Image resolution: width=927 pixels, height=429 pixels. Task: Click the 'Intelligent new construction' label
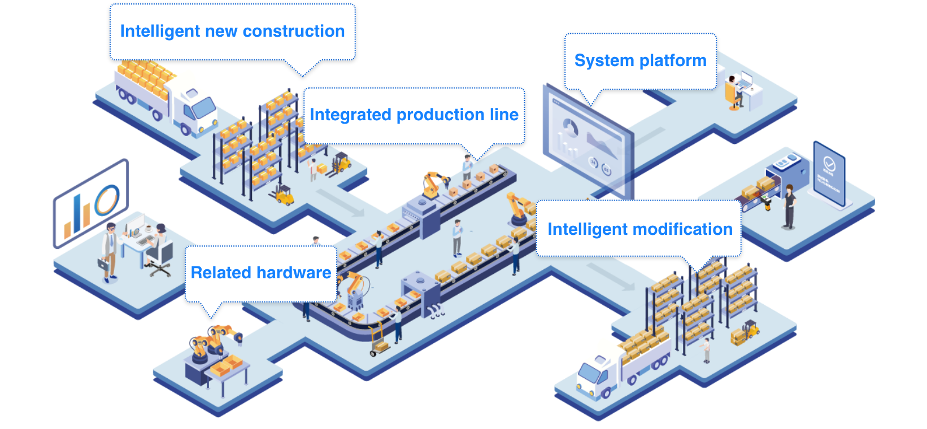pos(232,31)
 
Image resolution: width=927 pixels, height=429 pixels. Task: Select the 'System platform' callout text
pos(640,60)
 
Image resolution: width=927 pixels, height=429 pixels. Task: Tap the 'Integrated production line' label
pos(414,115)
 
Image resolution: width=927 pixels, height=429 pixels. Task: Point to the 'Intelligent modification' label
pos(639,229)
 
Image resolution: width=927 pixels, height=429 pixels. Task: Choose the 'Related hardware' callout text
pos(260,273)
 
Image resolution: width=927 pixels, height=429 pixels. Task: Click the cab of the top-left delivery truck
pos(195,107)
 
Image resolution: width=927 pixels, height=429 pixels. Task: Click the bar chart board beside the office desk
pos(90,203)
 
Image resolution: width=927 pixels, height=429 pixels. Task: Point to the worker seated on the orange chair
pos(733,90)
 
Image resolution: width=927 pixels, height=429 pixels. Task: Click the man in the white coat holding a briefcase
pos(109,251)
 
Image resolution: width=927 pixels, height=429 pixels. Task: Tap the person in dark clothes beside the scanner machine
pos(789,206)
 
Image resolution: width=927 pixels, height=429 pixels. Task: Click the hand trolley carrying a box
pos(378,342)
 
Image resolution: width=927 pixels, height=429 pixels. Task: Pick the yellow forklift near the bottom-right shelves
pos(748,331)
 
